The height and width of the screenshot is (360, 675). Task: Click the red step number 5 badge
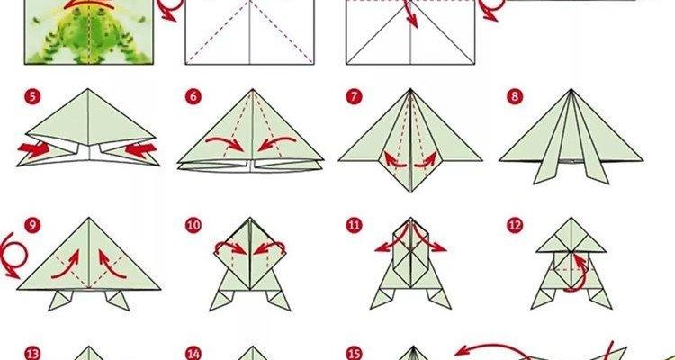pyautogui.click(x=32, y=96)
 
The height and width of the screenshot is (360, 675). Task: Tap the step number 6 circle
pyautogui.click(x=193, y=96)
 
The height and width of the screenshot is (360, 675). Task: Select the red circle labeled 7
pyautogui.click(x=354, y=96)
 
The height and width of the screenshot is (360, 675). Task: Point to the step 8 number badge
pyautogui.click(x=515, y=96)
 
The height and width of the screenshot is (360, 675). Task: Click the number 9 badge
pyautogui.click(x=32, y=225)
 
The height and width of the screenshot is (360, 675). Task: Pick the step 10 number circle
pyautogui.click(x=193, y=225)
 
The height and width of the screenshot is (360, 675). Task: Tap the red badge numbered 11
pyautogui.click(x=354, y=225)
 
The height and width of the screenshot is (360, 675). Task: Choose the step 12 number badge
pyautogui.click(x=515, y=225)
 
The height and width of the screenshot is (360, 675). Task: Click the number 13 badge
pyautogui.click(x=32, y=354)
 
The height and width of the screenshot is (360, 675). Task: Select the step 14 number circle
pyautogui.click(x=193, y=354)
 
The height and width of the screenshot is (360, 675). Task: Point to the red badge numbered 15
pyautogui.click(x=354, y=354)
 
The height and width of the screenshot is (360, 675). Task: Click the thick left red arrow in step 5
pyautogui.click(x=34, y=150)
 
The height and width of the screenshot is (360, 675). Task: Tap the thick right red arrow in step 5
pyautogui.click(x=140, y=150)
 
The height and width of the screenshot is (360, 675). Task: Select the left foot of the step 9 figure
pyautogui.click(x=59, y=300)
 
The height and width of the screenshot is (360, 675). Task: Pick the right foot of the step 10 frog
pyautogui.click(x=278, y=300)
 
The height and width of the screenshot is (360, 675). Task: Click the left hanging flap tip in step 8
pyautogui.click(x=535, y=183)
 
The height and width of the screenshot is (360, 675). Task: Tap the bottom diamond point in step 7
pyautogui.click(x=410, y=191)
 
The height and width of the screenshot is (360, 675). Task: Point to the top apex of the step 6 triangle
pyautogui.click(x=253, y=90)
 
